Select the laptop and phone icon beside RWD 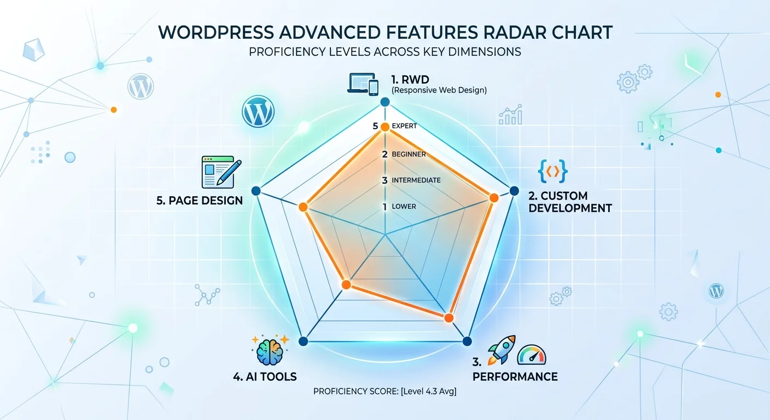(363, 84)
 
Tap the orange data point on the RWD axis (384, 127)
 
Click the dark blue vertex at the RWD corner (384, 102)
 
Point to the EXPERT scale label (404, 126)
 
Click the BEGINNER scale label (409, 154)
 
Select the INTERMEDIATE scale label (416, 180)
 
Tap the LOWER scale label (404, 207)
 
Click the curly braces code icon (553, 172)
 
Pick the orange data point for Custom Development (493, 197)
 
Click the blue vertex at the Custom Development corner (514, 190)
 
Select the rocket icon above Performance (501, 350)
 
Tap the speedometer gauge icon (532, 355)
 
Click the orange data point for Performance (449, 318)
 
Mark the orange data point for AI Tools (346, 284)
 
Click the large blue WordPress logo (258, 112)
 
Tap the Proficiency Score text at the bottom (384, 392)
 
